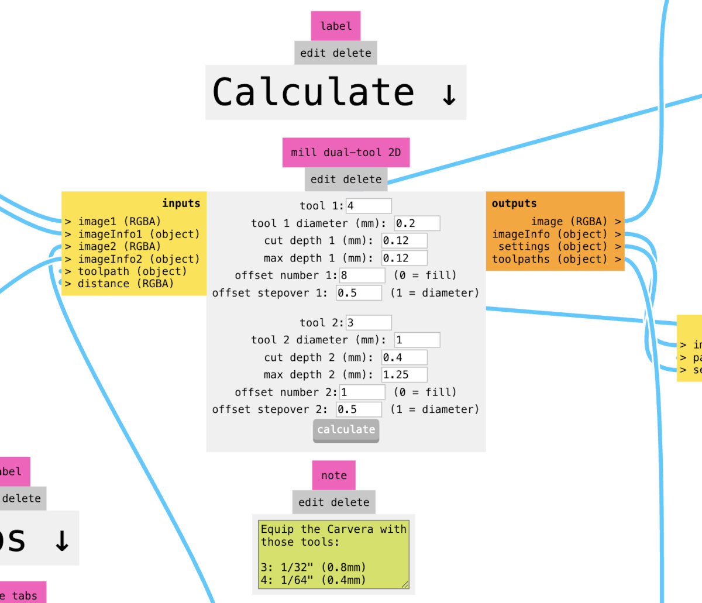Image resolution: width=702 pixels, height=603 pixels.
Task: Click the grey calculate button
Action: click(x=346, y=430)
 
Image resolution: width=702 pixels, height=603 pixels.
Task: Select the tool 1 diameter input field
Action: click(x=417, y=223)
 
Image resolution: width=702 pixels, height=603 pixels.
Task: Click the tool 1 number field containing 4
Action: click(x=369, y=206)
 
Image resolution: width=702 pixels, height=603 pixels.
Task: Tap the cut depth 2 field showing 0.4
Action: click(x=404, y=357)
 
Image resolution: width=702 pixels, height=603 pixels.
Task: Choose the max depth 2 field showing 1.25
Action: click(x=404, y=375)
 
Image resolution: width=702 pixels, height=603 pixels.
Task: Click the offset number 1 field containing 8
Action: click(x=362, y=275)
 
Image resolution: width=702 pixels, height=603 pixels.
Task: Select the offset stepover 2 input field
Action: click(x=359, y=409)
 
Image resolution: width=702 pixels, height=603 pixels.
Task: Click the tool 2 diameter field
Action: click(x=417, y=340)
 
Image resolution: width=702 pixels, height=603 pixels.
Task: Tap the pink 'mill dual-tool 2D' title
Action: click(x=346, y=153)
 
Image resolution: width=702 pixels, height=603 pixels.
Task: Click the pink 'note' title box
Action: click(x=333, y=475)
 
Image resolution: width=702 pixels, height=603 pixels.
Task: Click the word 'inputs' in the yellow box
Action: click(x=181, y=204)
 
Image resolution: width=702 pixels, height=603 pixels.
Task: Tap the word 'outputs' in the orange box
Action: click(x=514, y=204)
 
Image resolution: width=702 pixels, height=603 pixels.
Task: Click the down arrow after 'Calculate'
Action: click(x=449, y=94)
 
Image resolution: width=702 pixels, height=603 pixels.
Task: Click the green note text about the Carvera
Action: click(x=333, y=554)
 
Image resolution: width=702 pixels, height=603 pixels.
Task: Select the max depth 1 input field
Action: click(x=404, y=258)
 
